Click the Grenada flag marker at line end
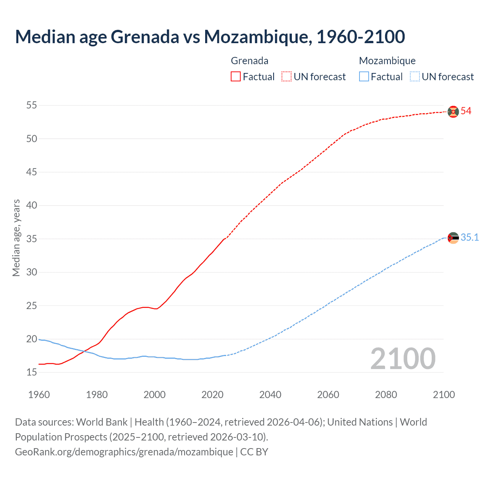[x=453, y=112]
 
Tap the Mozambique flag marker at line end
[x=453, y=238]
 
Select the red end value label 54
[x=466, y=111]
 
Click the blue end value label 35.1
[x=470, y=238]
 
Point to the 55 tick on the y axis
[x=32, y=105]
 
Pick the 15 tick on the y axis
[x=32, y=372]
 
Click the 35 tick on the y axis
[x=32, y=239]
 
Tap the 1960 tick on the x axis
[x=39, y=395]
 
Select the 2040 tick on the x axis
[x=270, y=395]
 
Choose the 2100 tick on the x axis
[x=444, y=395]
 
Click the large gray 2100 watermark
[x=403, y=358]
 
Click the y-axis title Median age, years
[x=16, y=238]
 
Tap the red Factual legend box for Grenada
[x=236, y=77]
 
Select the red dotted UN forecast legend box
[x=287, y=77]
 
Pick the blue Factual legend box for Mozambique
[x=364, y=77]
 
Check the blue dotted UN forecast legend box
[x=415, y=77]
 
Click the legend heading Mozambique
[x=387, y=61]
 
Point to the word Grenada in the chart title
[x=145, y=37]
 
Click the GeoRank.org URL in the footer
[x=124, y=452]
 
